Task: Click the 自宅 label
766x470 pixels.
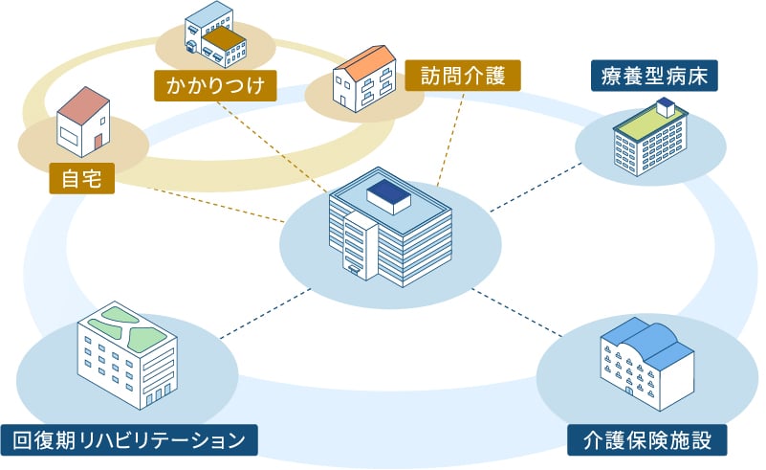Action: point(81,177)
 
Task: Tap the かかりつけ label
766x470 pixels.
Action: point(215,87)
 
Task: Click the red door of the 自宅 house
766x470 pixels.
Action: point(98,142)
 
